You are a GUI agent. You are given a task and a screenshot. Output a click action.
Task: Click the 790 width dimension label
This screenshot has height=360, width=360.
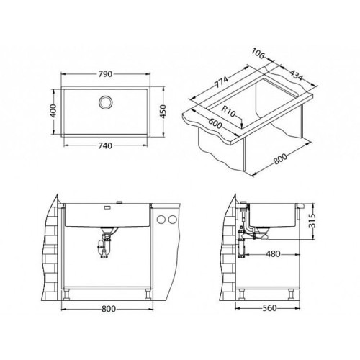point(105,74)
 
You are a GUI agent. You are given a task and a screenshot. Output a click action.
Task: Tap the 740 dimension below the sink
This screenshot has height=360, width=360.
point(105,145)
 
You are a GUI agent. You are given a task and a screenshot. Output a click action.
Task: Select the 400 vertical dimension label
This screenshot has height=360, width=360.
point(54,111)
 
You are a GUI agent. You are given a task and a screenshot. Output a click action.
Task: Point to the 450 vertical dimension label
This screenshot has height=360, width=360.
point(163,112)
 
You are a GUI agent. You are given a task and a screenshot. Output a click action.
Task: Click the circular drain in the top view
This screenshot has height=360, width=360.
point(105,102)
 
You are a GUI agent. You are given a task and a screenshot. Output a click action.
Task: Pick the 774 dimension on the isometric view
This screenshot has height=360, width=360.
point(221,82)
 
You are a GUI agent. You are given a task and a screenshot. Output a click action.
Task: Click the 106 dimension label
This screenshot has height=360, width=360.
point(258,53)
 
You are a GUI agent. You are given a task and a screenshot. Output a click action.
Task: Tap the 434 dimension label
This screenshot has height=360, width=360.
point(295,75)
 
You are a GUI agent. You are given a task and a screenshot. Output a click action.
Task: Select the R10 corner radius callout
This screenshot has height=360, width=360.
point(228,112)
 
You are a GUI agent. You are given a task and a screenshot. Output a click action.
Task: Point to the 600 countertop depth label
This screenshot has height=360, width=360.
point(215,124)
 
